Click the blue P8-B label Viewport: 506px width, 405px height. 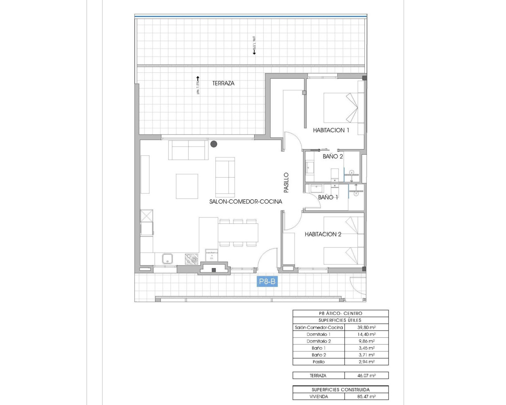point(267,282)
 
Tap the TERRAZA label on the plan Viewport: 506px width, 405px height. point(223,83)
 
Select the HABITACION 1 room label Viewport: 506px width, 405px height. point(331,130)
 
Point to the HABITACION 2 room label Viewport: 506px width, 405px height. point(323,234)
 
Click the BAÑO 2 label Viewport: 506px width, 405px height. point(332,157)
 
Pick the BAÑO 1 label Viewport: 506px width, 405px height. point(328,197)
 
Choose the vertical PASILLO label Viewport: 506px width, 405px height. point(286,183)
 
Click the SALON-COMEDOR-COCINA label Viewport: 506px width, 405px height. point(245,202)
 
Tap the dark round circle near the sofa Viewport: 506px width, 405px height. point(214,144)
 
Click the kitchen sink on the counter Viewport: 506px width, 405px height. point(167,259)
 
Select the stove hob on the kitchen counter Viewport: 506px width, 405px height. point(192,259)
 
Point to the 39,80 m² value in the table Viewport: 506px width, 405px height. point(366,327)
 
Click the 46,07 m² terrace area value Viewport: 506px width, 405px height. point(366,376)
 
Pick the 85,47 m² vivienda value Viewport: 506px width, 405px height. point(366,396)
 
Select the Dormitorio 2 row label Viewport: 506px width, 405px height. point(319,341)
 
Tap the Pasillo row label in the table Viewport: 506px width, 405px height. point(319,362)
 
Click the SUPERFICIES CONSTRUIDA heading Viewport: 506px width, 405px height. point(340,390)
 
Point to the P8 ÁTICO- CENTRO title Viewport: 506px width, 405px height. point(340,313)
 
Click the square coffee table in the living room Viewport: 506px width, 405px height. point(187,186)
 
